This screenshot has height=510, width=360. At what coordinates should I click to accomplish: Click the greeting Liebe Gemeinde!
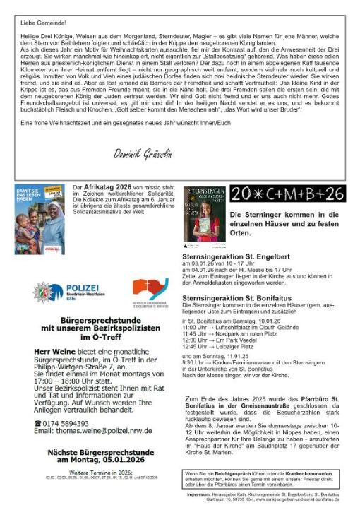coord(37,23)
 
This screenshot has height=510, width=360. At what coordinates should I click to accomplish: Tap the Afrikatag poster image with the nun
coord(40,219)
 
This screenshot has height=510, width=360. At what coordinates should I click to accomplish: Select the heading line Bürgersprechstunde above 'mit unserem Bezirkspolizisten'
coord(97,320)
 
